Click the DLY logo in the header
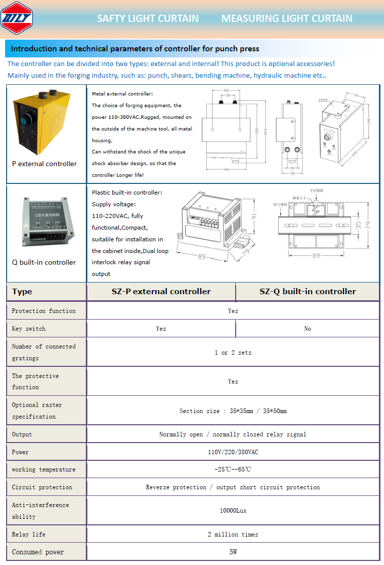(17, 18)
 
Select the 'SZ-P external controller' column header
(161, 292)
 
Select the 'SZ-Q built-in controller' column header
(307, 292)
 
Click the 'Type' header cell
(22, 292)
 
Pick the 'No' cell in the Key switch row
(307, 329)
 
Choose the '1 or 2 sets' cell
(233, 353)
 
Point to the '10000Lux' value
(233, 511)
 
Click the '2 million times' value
(233, 535)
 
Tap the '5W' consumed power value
(233, 552)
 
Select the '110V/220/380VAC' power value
(233, 452)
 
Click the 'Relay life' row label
(28, 535)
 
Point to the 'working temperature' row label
(44, 469)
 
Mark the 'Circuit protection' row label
(42, 487)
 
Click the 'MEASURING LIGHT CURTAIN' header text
(286, 19)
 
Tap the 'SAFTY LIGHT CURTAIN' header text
(148, 19)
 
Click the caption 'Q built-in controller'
(44, 263)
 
